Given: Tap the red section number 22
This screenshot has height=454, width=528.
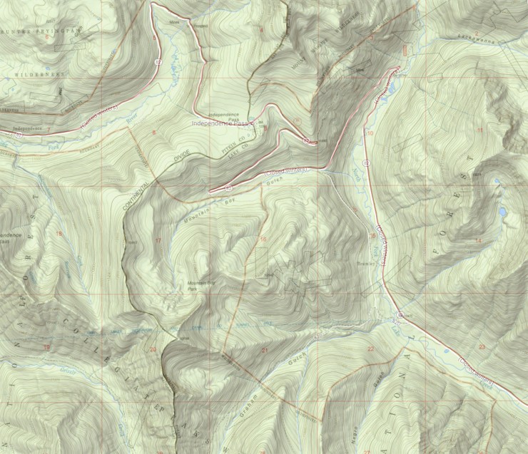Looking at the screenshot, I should (370, 349).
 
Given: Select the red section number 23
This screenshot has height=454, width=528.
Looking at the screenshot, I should (482, 346).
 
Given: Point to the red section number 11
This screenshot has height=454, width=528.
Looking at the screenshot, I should (480, 130).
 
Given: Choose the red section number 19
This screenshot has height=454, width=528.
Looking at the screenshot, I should (47, 347).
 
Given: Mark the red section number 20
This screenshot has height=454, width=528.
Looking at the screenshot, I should (152, 349).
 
